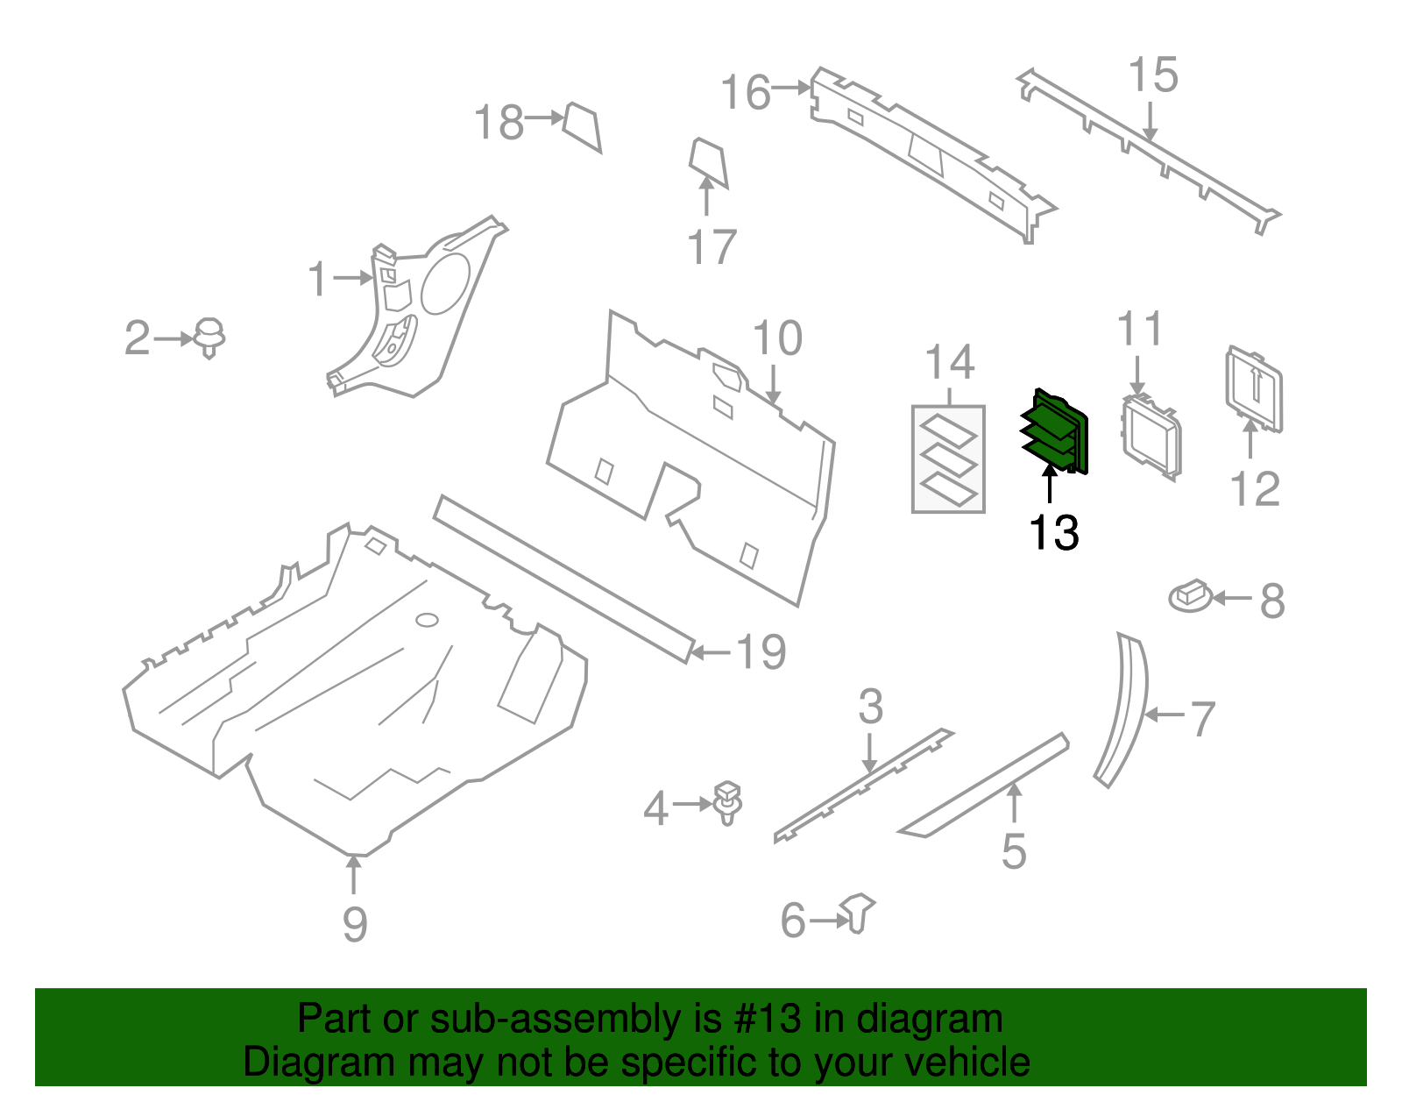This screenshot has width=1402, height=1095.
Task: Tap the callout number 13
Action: click(1053, 533)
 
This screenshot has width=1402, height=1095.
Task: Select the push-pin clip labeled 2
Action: click(209, 337)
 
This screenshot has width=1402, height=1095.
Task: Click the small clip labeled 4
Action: click(728, 801)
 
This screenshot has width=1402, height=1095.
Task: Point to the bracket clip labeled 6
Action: click(858, 913)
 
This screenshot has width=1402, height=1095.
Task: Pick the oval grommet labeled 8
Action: click(1191, 596)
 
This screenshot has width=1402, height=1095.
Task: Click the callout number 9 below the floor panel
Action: click(354, 924)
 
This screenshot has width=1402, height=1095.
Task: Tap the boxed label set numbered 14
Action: click(948, 459)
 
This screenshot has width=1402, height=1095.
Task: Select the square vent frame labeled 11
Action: click(1151, 437)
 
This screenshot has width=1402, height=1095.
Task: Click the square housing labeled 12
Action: click(1254, 388)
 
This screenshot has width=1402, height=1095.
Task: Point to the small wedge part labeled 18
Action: click(582, 126)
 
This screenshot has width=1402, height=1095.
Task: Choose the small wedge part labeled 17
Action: click(708, 161)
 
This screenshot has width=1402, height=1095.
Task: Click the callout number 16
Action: click(745, 92)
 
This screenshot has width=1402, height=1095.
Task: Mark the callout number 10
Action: click(777, 338)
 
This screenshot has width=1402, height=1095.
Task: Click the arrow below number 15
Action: click(1151, 122)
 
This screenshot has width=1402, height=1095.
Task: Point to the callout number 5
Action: click(1014, 851)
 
